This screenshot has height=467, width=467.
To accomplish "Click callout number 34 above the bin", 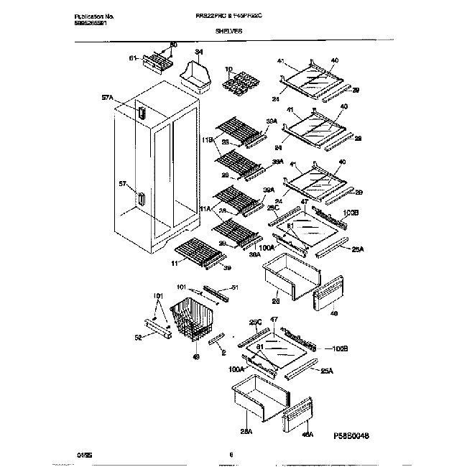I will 199,52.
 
